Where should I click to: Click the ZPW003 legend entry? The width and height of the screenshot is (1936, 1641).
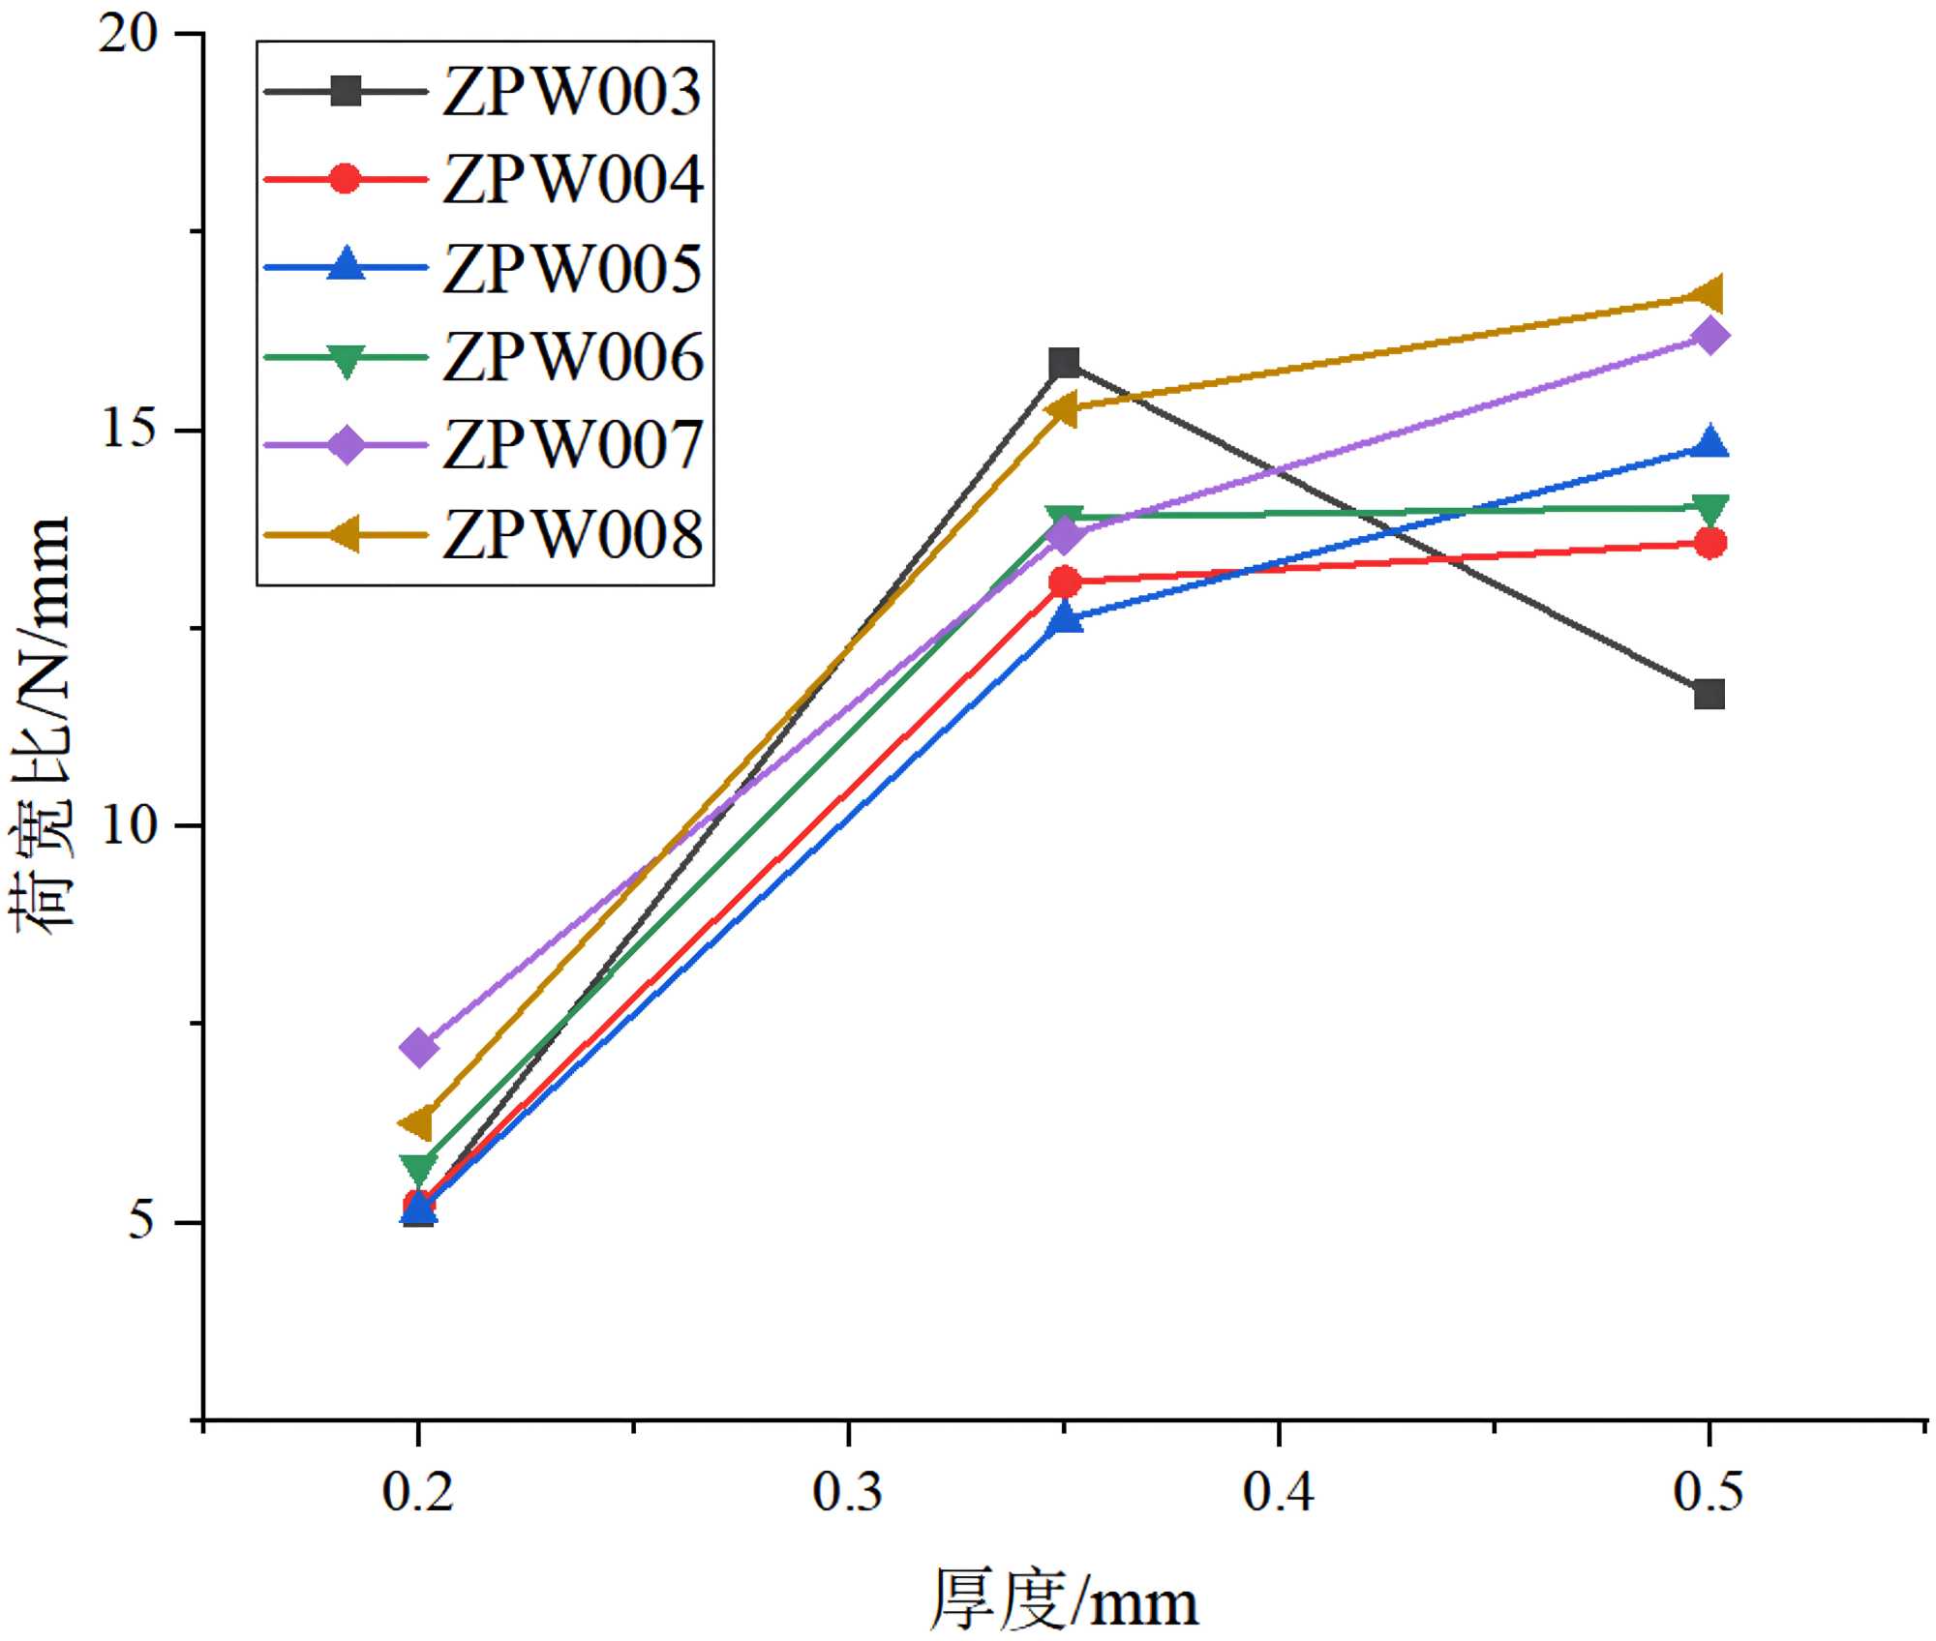point(571,93)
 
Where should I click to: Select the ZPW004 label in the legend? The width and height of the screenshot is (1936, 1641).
point(571,181)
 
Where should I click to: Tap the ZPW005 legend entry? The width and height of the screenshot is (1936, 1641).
point(571,269)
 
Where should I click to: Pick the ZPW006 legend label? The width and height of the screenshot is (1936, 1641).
point(571,357)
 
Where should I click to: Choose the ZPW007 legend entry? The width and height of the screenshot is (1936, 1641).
point(571,446)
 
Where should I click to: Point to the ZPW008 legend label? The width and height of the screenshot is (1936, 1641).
point(571,534)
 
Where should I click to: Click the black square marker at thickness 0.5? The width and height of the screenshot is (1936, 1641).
point(1709,694)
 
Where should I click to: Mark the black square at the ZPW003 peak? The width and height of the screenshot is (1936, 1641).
point(1064,364)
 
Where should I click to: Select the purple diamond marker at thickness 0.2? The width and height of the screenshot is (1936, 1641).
point(418,1047)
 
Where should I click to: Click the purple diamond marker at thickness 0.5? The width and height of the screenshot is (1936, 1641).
point(1709,336)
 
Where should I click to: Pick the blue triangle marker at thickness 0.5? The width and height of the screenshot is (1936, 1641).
point(1709,443)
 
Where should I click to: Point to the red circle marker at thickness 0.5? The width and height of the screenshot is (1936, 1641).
point(1709,543)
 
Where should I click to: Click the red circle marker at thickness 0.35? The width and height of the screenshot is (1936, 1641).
point(1064,582)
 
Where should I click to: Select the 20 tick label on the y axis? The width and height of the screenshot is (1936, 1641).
point(128,35)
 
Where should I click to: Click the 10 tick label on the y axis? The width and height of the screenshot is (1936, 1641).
point(128,826)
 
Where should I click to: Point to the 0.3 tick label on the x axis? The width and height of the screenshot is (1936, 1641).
point(848,1491)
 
